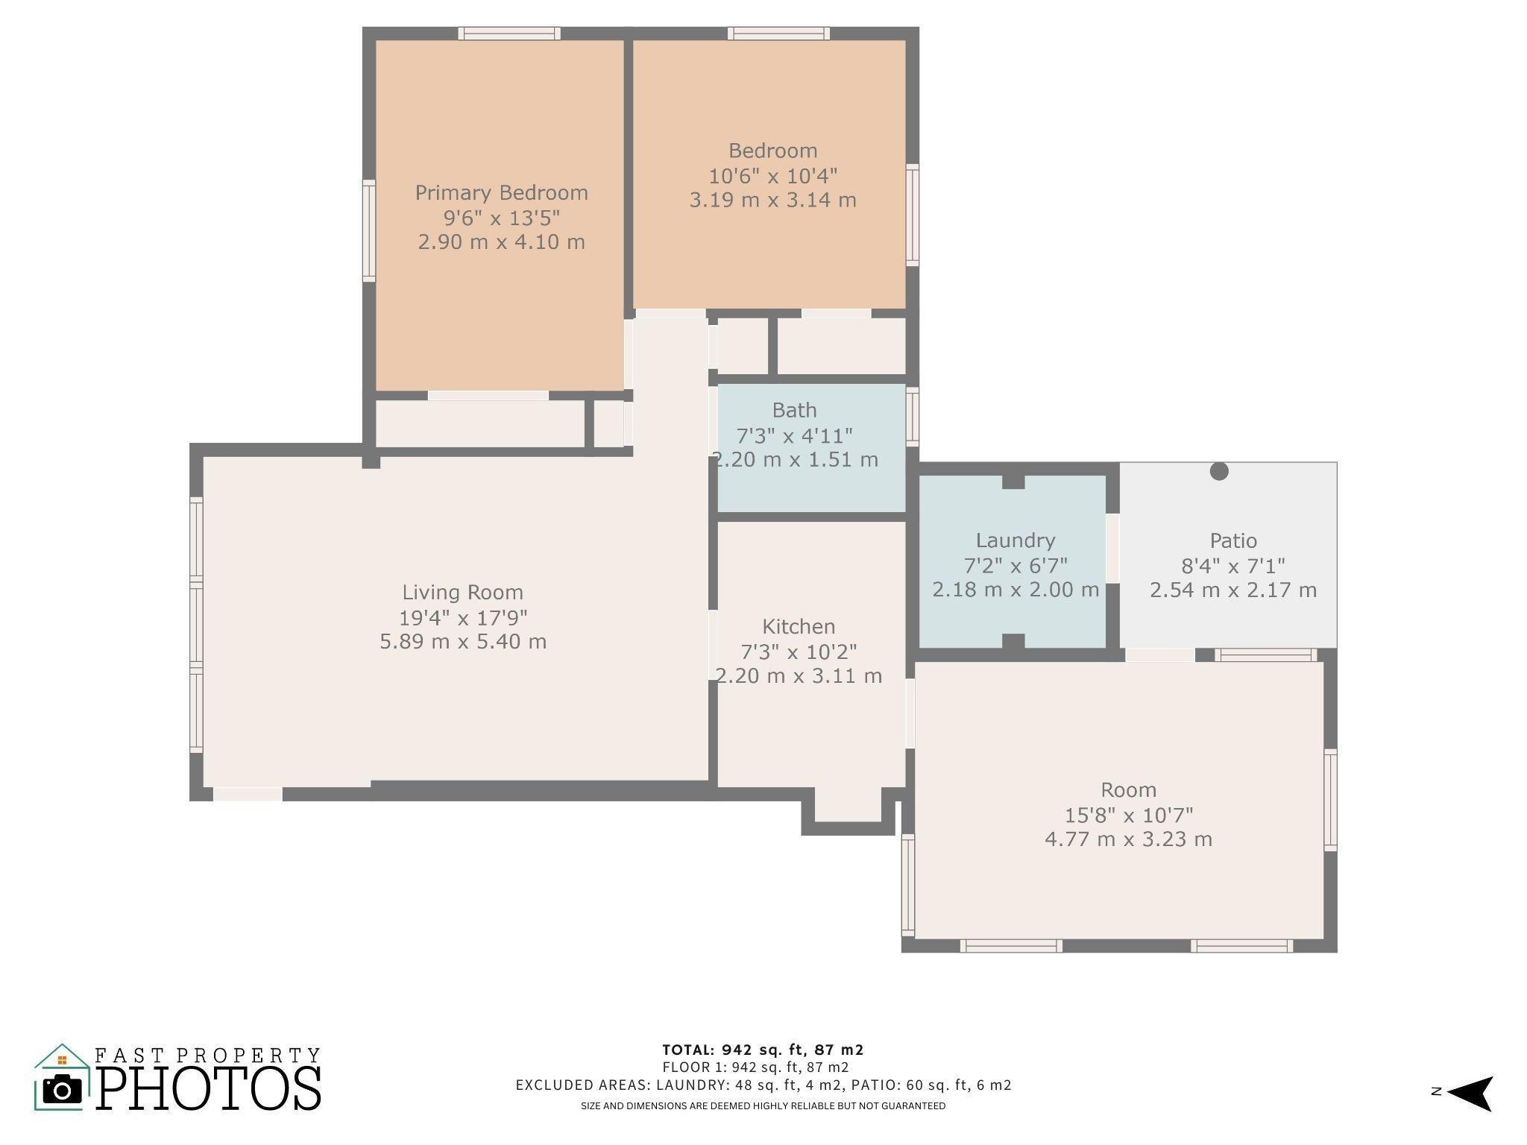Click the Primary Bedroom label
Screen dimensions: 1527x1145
(501, 193)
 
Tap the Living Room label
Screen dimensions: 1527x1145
(462, 593)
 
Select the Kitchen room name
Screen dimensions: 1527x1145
(799, 626)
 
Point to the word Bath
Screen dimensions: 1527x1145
(794, 410)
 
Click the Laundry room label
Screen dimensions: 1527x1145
(1016, 541)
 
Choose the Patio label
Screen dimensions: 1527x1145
(1233, 540)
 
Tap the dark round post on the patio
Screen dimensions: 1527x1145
(1219, 471)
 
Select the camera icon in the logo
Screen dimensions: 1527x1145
(63, 1089)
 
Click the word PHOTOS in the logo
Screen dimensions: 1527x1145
(209, 1088)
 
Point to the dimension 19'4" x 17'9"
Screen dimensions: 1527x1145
(463, 618)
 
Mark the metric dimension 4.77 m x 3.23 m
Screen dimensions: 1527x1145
(1128, 839)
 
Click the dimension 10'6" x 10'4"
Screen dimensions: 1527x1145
(773, 176)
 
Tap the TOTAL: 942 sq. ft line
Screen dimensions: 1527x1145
(763, 1050)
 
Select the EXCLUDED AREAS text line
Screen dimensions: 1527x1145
(763, 1085)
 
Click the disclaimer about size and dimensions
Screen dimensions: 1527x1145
(763, 1105)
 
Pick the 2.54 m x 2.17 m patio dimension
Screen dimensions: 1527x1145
(1233, 590)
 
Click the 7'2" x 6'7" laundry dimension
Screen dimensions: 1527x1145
(1016, 566)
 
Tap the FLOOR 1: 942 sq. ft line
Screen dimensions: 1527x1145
(755, 1067)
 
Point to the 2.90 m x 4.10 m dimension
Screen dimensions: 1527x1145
(501, 242)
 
